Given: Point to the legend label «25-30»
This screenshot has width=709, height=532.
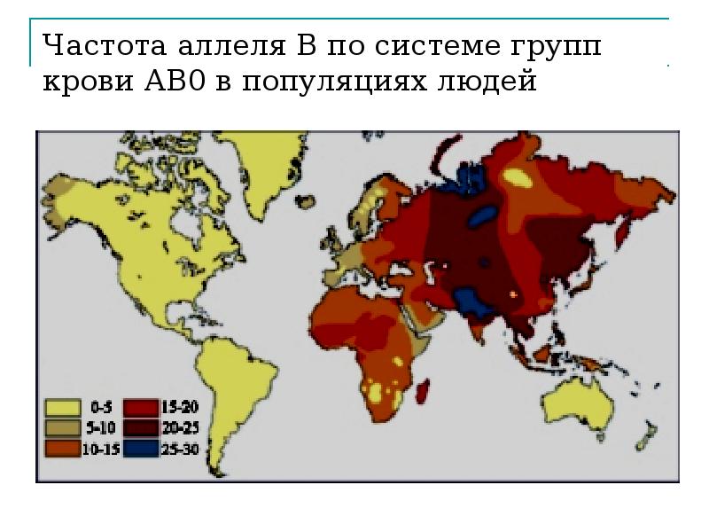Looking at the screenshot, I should pos(182,449).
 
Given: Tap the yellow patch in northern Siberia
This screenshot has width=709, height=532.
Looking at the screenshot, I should pos(518,177).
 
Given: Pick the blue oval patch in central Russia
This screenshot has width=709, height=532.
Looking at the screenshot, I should pos(482,216).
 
